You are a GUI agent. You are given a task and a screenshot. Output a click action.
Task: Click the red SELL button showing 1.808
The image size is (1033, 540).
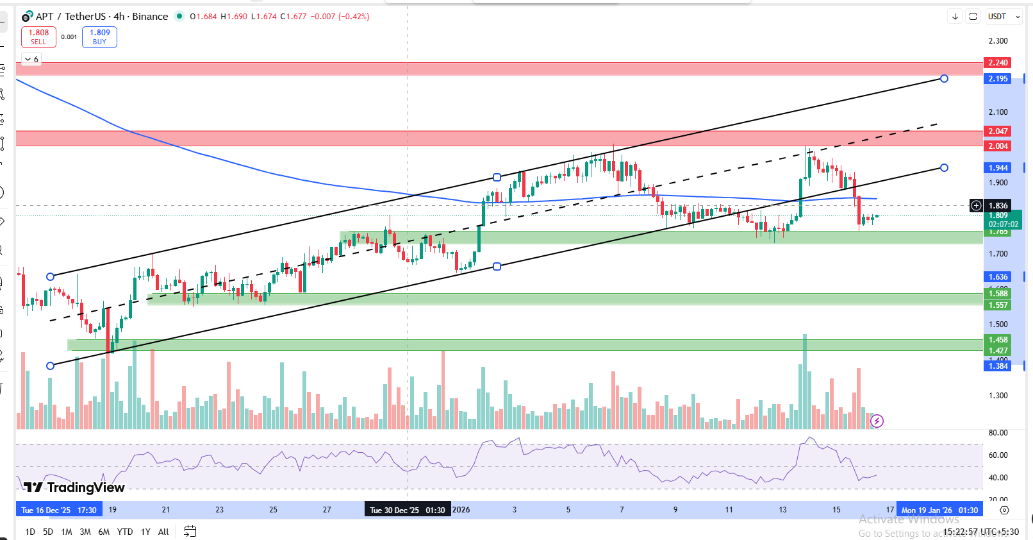pos(38,37)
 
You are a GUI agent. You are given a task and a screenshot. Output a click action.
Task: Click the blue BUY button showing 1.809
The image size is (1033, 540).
pos(99,37)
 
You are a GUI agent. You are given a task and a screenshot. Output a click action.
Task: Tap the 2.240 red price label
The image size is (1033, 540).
pos(998,63)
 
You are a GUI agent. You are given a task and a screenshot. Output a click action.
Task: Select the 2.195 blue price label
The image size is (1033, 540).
pos(998,79)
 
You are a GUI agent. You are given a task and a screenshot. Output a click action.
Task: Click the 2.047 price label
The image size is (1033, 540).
pos(998,131)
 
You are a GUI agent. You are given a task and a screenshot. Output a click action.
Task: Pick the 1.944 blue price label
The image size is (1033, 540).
pos(998,168)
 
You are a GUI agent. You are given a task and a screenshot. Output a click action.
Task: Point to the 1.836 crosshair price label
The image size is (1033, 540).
pos(998,206)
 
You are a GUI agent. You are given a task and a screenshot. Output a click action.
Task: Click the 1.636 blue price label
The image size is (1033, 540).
pos(998,277)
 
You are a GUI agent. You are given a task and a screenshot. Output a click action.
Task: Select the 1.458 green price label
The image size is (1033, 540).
pos(998,340)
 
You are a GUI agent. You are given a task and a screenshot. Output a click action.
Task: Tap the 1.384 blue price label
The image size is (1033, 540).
pos(998,366)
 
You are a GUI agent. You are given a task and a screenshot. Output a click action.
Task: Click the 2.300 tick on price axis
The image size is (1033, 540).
pos(998,41)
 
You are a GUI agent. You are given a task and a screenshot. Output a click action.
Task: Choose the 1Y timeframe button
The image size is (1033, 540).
pos(145,532)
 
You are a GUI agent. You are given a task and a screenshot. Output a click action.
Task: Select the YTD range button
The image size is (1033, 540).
pos(125,532)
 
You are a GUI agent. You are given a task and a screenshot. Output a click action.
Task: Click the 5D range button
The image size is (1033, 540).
pos(48,532)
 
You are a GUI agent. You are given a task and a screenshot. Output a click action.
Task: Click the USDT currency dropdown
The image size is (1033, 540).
pos(1004,17)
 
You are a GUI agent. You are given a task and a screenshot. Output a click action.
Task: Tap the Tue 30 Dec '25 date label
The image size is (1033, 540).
pos(407,510)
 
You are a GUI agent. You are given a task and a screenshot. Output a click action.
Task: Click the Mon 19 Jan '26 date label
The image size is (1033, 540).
pos(939,510)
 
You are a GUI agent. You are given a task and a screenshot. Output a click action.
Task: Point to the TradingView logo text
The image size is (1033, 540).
pos(76,487)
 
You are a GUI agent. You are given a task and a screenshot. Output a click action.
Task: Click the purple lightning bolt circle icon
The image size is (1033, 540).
pos(877,421)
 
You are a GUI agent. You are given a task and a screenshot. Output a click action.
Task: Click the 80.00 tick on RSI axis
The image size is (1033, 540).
pos(998,433)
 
